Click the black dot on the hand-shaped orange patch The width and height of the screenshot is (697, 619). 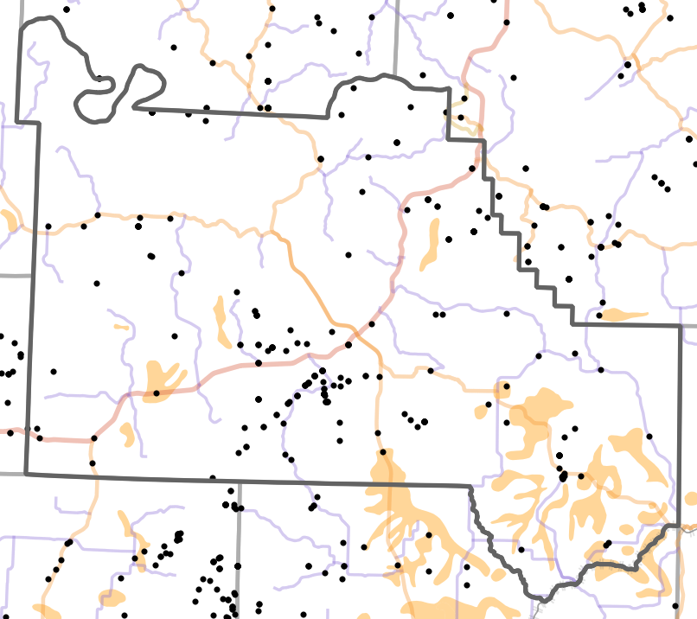click(157, 393)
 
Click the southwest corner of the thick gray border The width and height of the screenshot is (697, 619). click(26, 473)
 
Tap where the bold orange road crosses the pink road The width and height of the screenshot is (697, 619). click(353, 329)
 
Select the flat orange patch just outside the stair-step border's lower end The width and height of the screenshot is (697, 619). click(623, 315)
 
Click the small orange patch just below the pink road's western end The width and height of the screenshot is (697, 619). click(127, 433)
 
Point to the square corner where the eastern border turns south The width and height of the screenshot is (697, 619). click(681, 327)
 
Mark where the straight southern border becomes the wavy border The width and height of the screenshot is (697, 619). click(470, 487)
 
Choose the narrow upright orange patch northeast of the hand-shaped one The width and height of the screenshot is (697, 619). click(220, 317)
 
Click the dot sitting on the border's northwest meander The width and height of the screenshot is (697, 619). click(100, 79)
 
